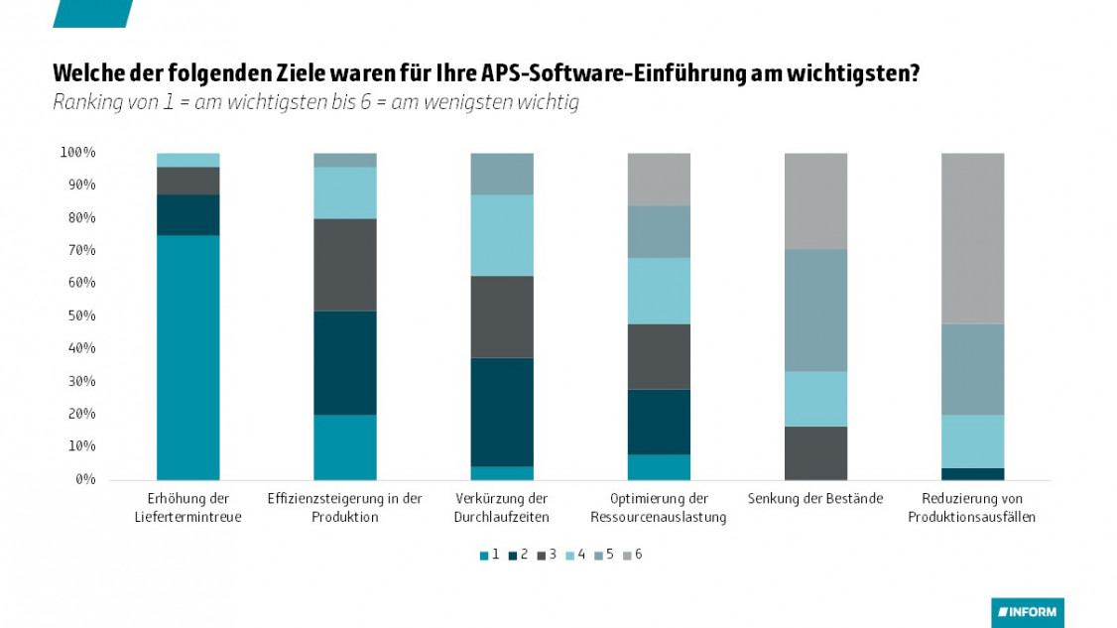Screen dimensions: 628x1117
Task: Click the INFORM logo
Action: [x=1027, y=612]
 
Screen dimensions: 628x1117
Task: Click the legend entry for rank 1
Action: [x=488, y=555]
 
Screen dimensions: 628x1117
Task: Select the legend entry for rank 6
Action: [x=631, y=555]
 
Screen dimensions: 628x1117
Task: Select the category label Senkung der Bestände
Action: [x=815, y=498]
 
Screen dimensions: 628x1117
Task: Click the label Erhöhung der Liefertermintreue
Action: [x=187, y=507]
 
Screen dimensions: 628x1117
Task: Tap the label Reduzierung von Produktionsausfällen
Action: [x=971, y=507]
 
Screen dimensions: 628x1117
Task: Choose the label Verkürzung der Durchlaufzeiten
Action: [x=501, y=507]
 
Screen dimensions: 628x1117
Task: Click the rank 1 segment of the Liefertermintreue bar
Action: [x=187, y=357]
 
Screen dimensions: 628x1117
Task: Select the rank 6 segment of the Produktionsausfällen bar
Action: [x=971, y=238]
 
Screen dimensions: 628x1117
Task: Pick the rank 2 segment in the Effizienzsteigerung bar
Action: [x=344, y=363]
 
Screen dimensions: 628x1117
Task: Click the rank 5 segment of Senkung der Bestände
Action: [x=815, y=310]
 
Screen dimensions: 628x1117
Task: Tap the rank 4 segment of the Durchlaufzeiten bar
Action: [x=501, y=235]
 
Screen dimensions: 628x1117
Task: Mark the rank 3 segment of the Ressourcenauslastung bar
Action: [x=659, y=356]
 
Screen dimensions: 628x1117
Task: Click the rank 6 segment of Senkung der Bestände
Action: [x=815, y=200]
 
